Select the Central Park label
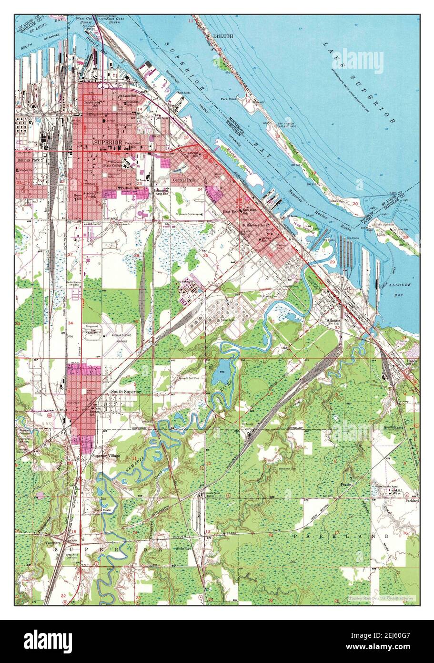[x=183, y=181]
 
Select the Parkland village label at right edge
[x=412, y=501]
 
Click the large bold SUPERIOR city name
[x=108, y=143]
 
